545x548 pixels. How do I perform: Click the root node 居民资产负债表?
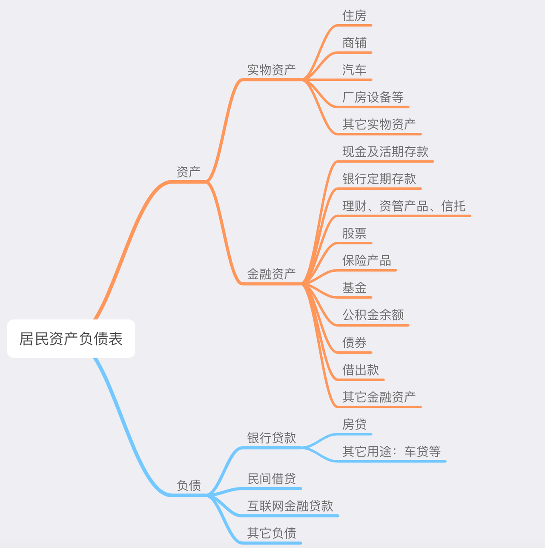71,339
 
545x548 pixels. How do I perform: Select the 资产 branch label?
189,172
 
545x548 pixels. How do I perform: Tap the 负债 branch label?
189,485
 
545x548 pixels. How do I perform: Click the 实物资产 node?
271,70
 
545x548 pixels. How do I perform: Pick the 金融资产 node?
271,274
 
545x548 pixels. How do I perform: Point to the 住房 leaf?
354,15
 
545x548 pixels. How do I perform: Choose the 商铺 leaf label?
354,43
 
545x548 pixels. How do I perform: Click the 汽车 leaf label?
354,70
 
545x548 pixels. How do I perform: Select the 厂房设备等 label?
373,97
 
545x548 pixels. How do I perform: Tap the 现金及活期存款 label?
385,152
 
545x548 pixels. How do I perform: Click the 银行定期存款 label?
379,179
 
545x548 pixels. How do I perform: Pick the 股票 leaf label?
354,233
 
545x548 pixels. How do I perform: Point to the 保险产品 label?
367,261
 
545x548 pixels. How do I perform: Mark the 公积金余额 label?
373,315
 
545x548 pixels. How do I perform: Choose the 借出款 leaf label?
360,370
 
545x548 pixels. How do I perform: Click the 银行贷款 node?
271,438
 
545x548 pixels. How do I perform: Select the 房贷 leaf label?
354,424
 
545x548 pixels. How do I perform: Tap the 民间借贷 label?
271,479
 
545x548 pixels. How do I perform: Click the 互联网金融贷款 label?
290,506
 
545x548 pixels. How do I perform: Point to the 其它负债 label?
271,533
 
